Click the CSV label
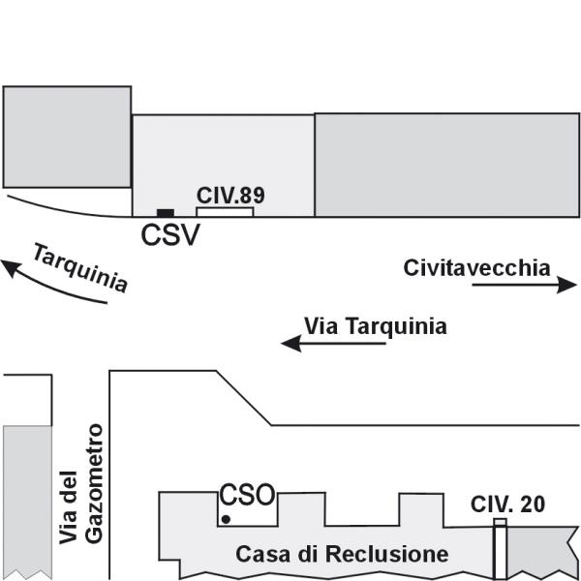(170, 235)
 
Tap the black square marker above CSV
(166, 213)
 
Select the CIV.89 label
(230, 196)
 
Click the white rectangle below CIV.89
(225, 212)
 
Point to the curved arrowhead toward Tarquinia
(11, 267)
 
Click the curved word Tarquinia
(80, 267)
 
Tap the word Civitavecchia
(476, 268)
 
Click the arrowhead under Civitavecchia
(566, 285)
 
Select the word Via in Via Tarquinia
(321, 326)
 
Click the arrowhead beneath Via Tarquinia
(291, 344)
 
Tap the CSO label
(247, 495)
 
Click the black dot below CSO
(226, 520)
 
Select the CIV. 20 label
(507, 504)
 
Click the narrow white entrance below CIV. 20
(501, 548)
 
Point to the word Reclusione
(386, 554)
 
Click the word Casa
(262, 554)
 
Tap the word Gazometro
(94, 484)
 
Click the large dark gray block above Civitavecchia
(446, 165)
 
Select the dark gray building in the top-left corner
(67, 138)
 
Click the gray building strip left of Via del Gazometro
(27, 501)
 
